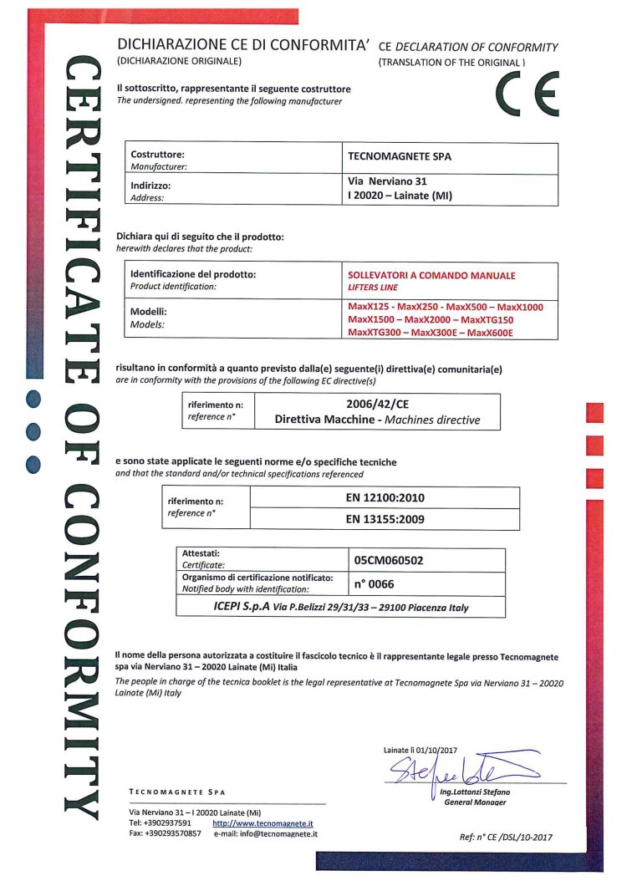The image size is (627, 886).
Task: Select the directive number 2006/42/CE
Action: [377, 404]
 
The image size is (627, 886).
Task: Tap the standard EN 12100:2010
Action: [385, 497]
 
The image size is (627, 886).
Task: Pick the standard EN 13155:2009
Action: [385, 519]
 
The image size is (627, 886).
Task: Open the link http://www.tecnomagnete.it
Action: [263, 823]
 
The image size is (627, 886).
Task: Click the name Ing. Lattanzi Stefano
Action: [475, 792]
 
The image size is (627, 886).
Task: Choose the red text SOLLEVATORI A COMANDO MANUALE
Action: [431, 275]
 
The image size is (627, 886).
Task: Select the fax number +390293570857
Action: [173, 833]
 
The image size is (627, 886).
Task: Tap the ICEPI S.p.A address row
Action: [340, 608]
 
